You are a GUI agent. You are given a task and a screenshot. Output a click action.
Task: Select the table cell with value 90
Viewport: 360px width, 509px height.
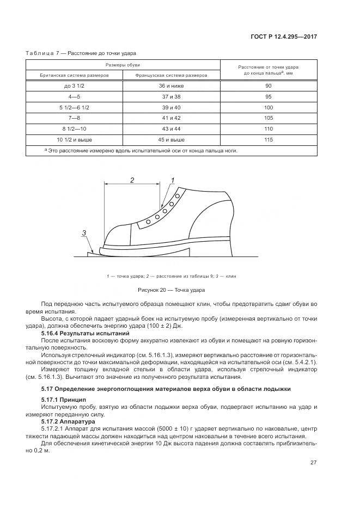point(269,86)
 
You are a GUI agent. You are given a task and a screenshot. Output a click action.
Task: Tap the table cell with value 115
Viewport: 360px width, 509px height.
point(269,140)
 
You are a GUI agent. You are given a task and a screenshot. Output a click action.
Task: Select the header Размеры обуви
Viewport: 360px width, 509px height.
point(123,65)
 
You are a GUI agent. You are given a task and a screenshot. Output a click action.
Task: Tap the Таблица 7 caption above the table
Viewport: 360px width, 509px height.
point(81,53)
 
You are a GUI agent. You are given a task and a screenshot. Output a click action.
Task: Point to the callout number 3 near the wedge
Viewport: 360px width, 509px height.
point(84,233)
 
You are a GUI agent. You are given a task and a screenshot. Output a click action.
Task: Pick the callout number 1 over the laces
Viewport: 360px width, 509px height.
point(173,180)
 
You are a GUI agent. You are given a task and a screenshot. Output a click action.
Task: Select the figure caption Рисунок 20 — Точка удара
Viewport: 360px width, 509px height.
point(172,290)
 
